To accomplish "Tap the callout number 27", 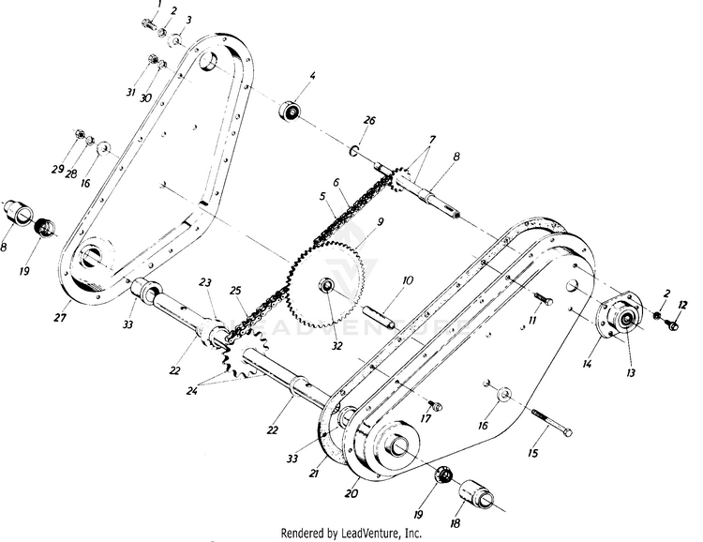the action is click(x=60, y=318).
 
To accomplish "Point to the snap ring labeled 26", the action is click(x=352, y=151).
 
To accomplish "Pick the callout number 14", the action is click(x=587, y=364).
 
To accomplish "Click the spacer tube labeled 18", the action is click(x=476, y=494).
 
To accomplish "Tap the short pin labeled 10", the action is click(x=379, y=317).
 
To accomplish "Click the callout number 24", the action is click(x=192, y=391).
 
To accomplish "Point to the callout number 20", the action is click(x=351, y=493).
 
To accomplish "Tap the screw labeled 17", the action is click(x=434, y=405).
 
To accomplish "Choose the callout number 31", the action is click(x=130, y=92).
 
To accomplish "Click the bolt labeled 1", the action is click(x=149, y=23).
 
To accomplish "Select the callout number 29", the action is click(x=57, y=169).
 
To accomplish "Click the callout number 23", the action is click(x=205, y=282).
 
